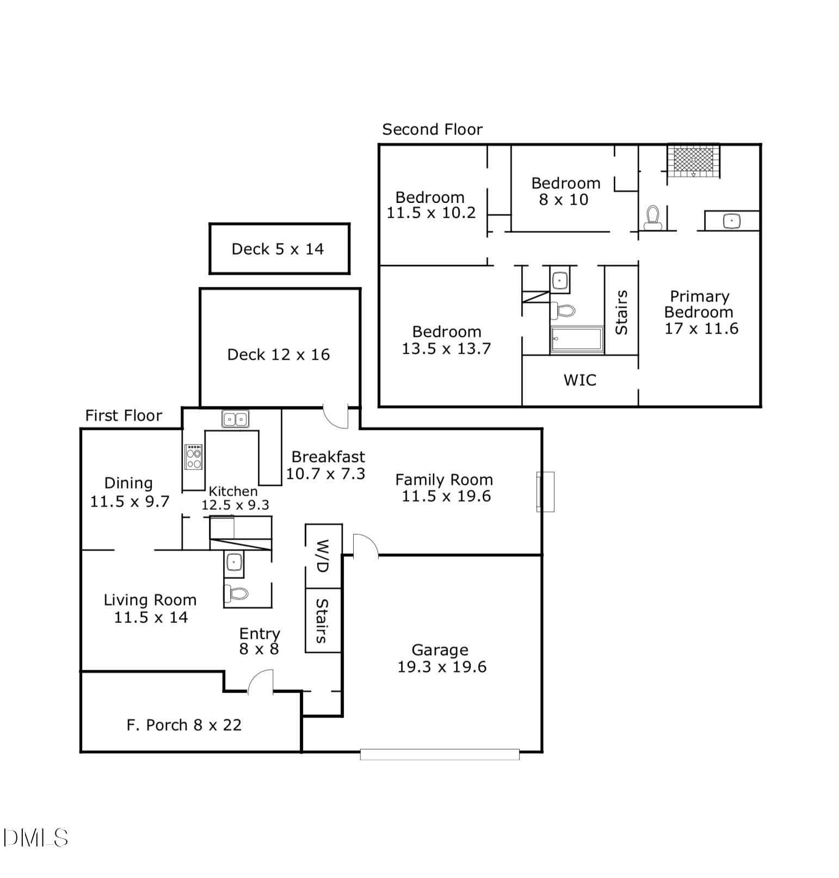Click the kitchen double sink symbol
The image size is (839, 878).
[236, 419]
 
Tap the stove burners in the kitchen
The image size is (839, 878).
[194, 457]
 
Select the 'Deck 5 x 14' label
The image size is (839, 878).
[278, 249]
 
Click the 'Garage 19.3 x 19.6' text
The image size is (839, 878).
[441, 658]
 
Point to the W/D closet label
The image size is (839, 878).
[323, 555]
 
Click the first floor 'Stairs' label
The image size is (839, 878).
[322, 621]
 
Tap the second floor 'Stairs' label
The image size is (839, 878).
[621, 312]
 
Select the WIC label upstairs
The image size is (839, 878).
[580, 380]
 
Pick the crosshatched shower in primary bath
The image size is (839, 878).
[694, 160]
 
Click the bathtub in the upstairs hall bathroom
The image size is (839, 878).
[577, 339]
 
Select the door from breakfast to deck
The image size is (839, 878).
[336, 416]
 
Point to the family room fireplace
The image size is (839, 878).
[545, 492]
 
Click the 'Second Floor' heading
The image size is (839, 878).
[432, 129]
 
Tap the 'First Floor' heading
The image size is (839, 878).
[124, 416]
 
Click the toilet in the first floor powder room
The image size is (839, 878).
[236, 593]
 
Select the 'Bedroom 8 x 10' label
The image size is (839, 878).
[565, 191]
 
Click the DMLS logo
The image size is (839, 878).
[35, 838]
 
